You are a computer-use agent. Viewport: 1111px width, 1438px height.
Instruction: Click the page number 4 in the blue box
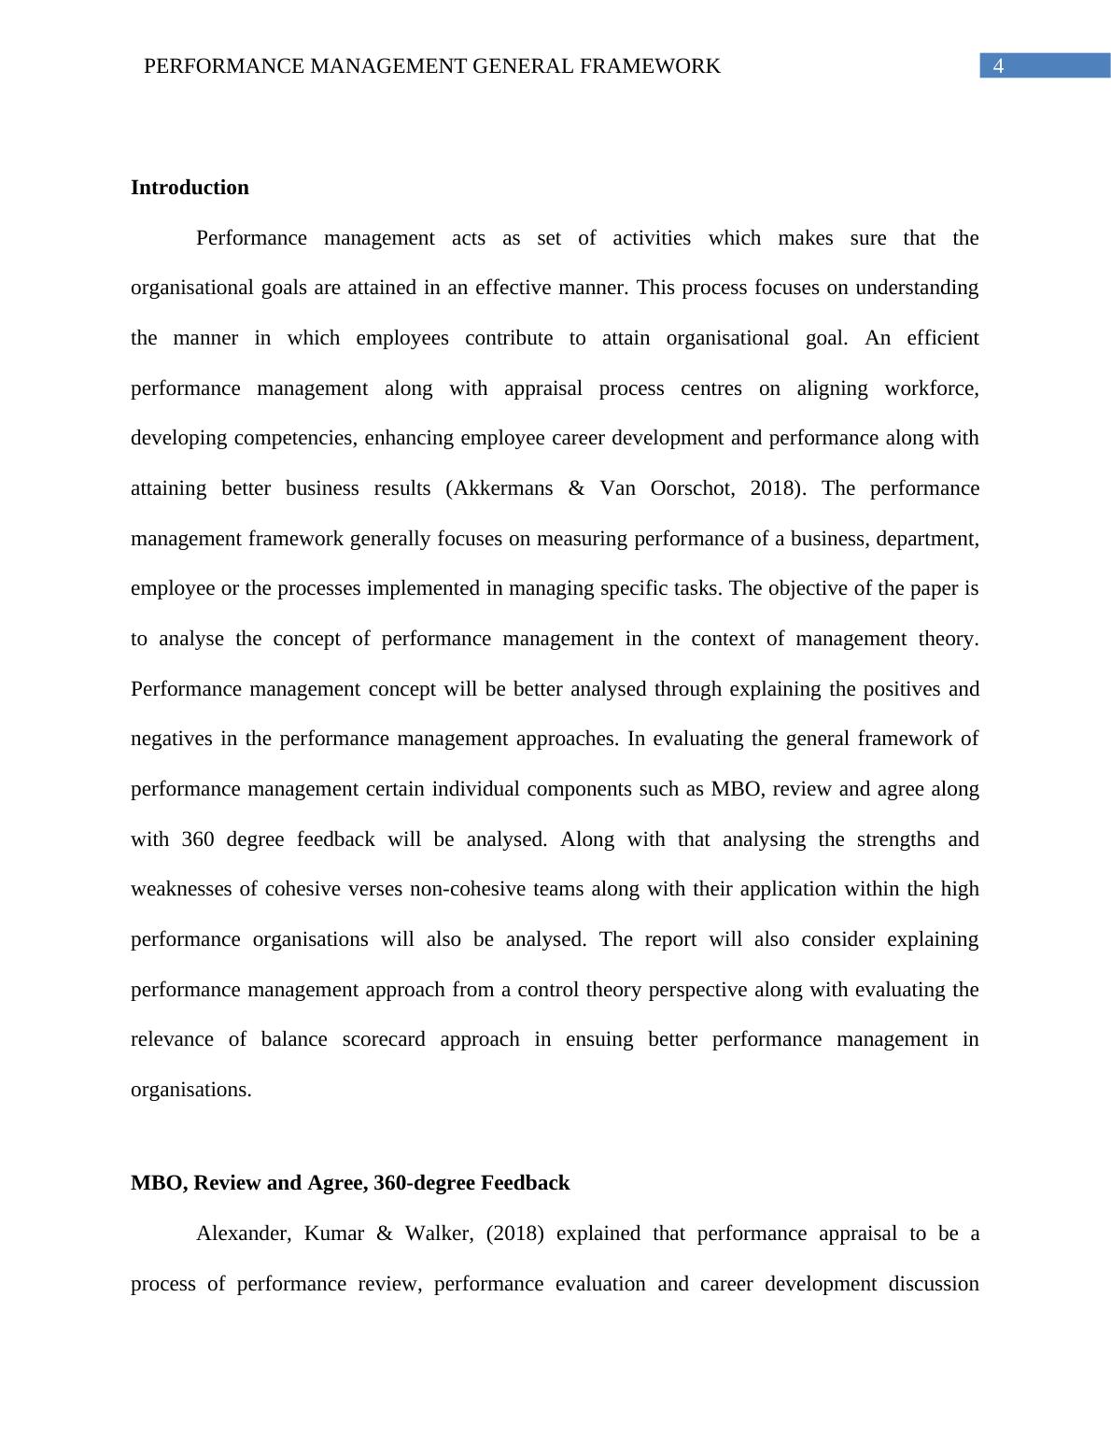998,66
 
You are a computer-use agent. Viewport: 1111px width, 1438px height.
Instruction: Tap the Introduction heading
190,188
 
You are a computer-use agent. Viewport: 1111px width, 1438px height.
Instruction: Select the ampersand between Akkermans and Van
576,488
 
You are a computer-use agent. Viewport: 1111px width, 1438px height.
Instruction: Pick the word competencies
301,438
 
